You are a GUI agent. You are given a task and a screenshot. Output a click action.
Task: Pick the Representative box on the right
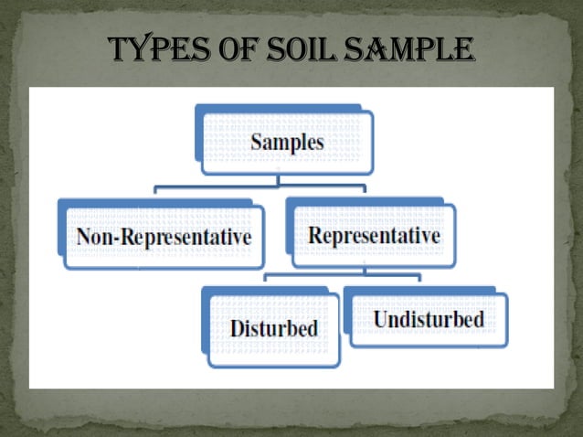(x=371, y=236)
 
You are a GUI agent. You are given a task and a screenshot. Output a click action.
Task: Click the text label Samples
(x=287, y=143)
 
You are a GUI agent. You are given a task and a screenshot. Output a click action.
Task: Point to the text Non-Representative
(x=163, y=237)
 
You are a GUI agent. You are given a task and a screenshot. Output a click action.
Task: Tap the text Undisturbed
(x=427, y=320)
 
